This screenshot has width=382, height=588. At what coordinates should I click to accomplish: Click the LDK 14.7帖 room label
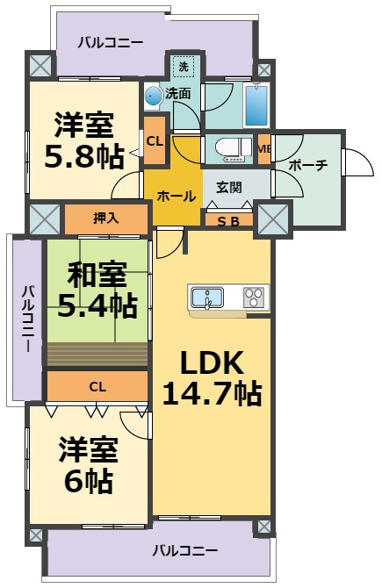(x=212, y=378)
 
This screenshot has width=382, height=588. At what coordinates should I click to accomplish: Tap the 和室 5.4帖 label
(x=97, y=290)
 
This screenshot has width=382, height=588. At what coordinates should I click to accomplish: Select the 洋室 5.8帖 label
(x=84, y=140)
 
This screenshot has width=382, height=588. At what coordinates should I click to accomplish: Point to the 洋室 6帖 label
(x=89, y=465)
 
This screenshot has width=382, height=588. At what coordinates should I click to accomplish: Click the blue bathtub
(x=256, y=105)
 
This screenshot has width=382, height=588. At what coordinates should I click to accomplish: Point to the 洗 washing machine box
(x=184, y=67)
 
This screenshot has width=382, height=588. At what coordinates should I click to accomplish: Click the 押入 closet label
(x=106, y=218)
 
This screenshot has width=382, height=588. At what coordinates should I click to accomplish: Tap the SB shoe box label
(x=228, y=221)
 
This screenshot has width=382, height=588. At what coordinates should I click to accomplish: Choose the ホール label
(x=177, y=196)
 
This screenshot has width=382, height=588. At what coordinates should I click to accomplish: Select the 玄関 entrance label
(x=228, y=187)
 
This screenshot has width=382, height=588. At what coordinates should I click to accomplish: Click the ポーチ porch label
(x=308, y=164)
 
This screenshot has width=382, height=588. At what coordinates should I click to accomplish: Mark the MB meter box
(x=264, y=149)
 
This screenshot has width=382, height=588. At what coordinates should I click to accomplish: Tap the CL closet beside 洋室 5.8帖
(x=155, y=140)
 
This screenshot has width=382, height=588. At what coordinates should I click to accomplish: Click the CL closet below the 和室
(x=97, y=386)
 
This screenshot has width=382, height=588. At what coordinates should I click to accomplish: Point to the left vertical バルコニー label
(x=28, y=319)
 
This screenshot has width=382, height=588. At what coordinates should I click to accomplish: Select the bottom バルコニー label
(x=185, y=551)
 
